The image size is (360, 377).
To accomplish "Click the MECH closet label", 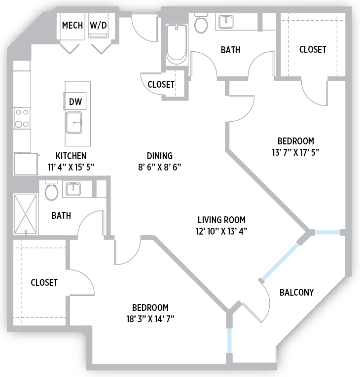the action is click(72, 25).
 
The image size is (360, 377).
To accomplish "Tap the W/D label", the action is click(98, 25).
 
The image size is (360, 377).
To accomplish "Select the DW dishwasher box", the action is click(75, 101).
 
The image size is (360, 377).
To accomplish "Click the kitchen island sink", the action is click(74, 123).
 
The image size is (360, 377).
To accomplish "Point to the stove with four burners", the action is click(22, 118).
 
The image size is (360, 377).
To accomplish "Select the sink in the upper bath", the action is click(226, 22).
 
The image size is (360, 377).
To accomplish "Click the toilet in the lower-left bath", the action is click(51, 191).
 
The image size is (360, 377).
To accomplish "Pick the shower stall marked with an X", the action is click(26, 214).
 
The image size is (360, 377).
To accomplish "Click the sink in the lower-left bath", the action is click(73, 189).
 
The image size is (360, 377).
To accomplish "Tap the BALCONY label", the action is click(296, 292).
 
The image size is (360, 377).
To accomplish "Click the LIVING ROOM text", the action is click(221, 220).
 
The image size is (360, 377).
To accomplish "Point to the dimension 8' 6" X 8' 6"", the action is click(160, 167).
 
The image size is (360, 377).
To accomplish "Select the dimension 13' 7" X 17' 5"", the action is click(296, 152).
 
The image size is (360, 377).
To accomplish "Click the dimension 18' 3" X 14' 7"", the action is click(150, 319).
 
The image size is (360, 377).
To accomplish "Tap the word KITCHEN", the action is click(71, 156).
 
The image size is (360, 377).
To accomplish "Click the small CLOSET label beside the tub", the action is click(161, 84).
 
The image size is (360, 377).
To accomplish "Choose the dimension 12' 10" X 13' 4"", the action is click(221, 231).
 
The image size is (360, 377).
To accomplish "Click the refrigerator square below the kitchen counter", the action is click(26, 164).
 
